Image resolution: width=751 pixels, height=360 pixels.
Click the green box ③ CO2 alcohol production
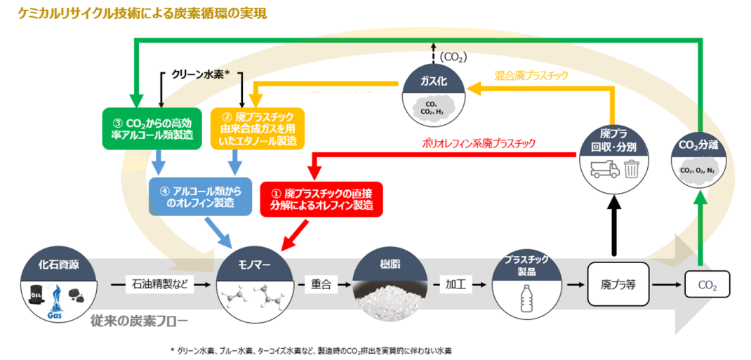(x=147, y=128)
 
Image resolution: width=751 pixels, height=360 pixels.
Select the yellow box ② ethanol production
(x=258, y=128)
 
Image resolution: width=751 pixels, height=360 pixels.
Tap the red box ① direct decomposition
(x=321, y=199)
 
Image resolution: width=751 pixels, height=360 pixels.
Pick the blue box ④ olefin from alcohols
(x=201, y=195)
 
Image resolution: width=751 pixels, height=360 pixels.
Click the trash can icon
(x=631, y=169)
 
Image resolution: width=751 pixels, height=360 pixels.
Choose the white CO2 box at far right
(x=706, y=286)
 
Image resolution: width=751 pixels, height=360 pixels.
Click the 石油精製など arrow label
(x=159, y=285)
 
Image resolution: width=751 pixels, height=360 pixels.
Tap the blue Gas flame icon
(x=57, y=299)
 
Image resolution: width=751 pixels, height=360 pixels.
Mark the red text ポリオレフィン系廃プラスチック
(x=479, y=143)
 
